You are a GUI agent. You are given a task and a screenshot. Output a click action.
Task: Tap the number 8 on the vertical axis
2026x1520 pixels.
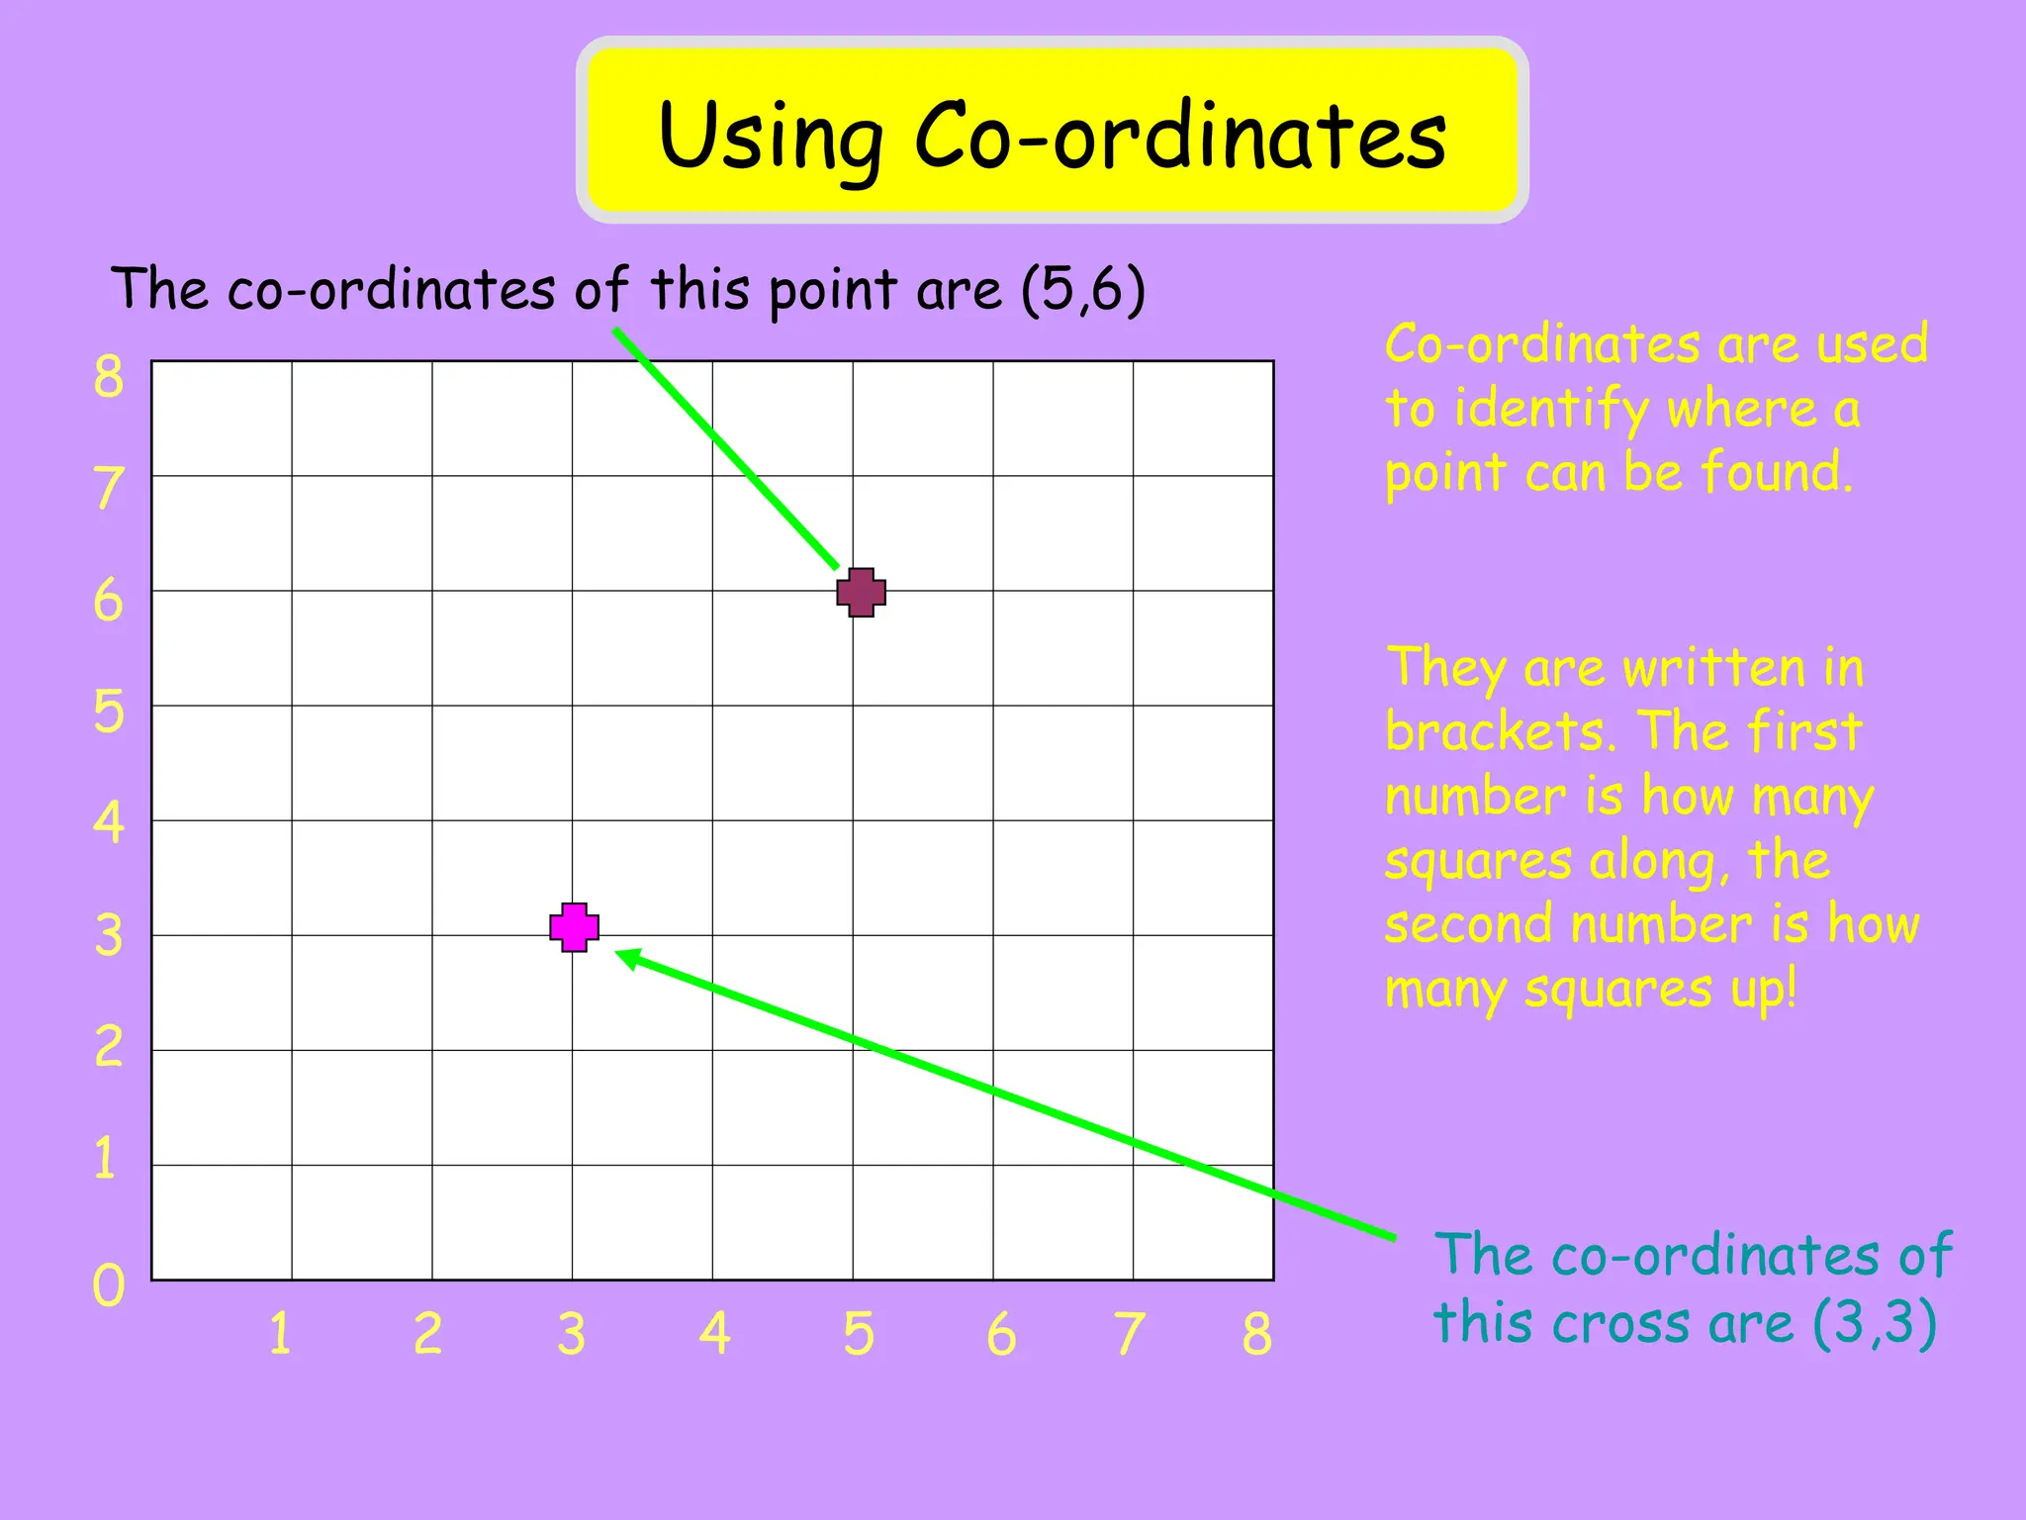click(109, 377)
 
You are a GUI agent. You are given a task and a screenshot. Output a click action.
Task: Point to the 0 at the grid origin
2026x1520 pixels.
click(109, 1286)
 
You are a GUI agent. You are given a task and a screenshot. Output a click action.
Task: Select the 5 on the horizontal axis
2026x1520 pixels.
click(859, 1334)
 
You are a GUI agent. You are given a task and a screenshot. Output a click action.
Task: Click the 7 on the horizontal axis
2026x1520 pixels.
click(1129, 1334)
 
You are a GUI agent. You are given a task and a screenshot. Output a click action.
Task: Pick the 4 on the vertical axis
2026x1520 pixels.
click(109, 822)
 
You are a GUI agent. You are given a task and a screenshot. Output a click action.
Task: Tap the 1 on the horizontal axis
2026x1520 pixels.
click(280, 1333)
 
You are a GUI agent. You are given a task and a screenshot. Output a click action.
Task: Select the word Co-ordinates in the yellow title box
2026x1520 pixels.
click(1180, 136)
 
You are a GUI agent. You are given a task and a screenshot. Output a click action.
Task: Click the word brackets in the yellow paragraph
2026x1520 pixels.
click(1500, 732)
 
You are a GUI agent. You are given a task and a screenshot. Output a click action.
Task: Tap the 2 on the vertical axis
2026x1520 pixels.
click(109, 1047)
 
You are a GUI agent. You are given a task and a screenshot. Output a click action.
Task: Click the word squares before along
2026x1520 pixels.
click(1477, 861)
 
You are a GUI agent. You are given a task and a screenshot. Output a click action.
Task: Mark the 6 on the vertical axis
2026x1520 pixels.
click(109, 601)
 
